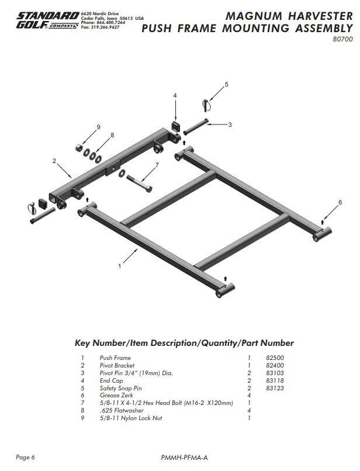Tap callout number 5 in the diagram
click(x=227, y=85)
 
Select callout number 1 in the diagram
click(x=119, y=266)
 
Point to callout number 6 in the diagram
click(x=340, y=202)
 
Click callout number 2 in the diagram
click(x=54, y=160)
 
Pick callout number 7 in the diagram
click(x=157, y=165)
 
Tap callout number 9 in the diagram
click(x=98, y=127)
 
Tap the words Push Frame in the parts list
click(x=115, y=358)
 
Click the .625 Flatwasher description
click(x=119, y=411)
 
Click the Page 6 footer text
click(x=26, y=457)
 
